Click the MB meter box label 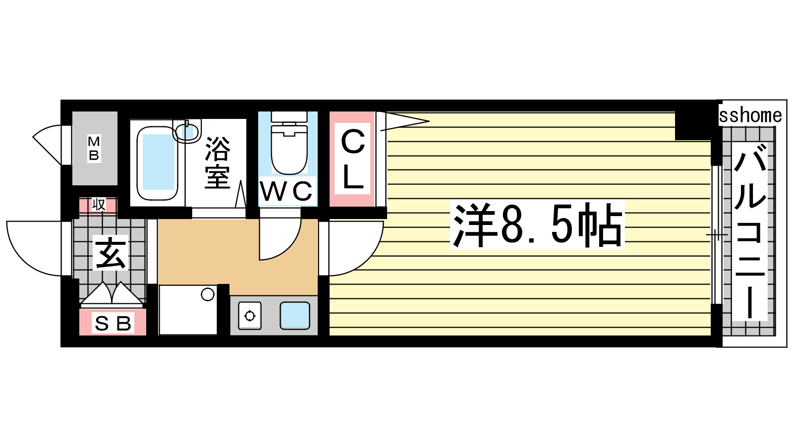pyautogui.click(x=94, y=148)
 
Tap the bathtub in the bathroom pyautogui.click(x=157, y=163)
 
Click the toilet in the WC pyautogui.click(x=289, y=143)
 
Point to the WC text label pyautogui.click(x=286, y=191)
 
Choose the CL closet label pyautogui.click(x=352, y=159)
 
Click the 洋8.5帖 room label pyautogui.click(x=537, y=225)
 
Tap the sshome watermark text pyautogui.click(x=750, y=115)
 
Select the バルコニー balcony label pyautogui.click(x=750, y=231)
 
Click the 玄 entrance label pyautogui.click(x=111, y=253)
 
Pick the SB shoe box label pyautogui.click(x=113, y=323)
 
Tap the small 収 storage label pyautogui.click(x=99, y=205)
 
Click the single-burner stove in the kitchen pyautogui.click(x=250, y=316)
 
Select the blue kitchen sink pyautogui.click(x=295, y=315)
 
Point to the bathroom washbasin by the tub pyautogui.click(x=187, y=131)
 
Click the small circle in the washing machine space pyautogui.click(x=208, y=294)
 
